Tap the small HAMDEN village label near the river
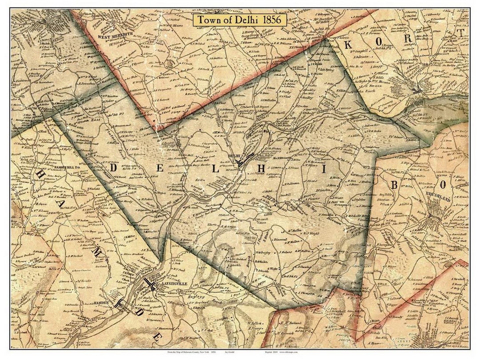[101, 302]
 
